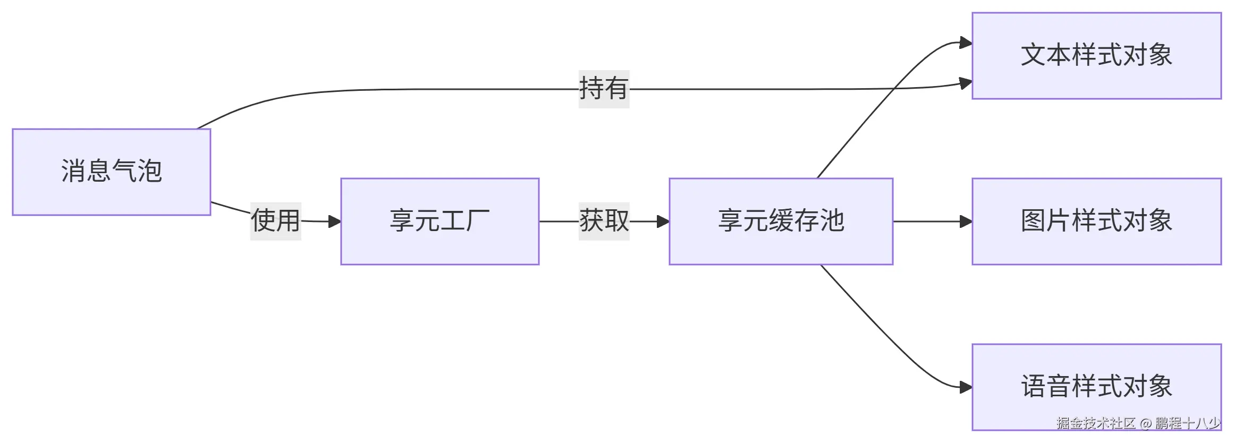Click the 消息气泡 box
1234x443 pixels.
pos(111,172)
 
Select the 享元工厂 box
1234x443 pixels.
pos(439,221)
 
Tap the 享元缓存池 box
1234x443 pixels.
pos(780,221)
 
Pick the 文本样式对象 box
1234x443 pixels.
pos(1096,55)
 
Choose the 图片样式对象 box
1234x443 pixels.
pos(1096,221)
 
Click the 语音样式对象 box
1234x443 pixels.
pos(1096,387)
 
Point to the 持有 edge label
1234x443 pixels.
pos(604,89)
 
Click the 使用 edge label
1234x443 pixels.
pos(275,221)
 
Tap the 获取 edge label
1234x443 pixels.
pos(604,221)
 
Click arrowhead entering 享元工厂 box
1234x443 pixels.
pos(335,221)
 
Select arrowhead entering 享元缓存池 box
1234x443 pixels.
pos(663,221)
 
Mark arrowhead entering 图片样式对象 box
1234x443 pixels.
pos(966,221)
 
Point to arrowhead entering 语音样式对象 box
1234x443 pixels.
pos(966,387)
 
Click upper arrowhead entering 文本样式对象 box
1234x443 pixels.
pos(966,42)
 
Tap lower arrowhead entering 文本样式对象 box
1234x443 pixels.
pos(966,83)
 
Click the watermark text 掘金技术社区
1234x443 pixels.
pos(1096,423)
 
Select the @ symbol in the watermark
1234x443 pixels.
pos(1146,423)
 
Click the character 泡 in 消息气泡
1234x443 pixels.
pos(149,172)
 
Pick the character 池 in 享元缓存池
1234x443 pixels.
pos(832,221)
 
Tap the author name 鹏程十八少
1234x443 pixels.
pos(1188,423)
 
